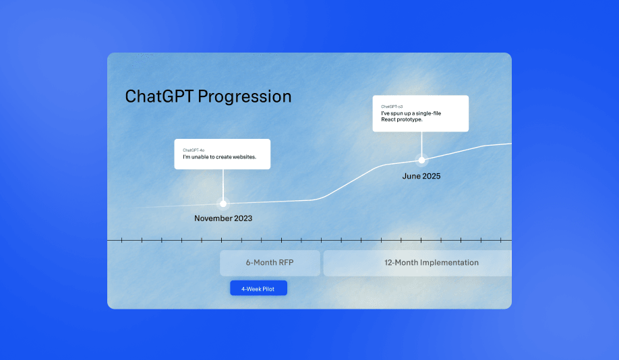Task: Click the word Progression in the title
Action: [244, 97]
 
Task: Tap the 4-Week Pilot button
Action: [258, 288]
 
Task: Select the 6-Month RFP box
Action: [270, 263]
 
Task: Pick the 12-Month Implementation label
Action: [432, 262]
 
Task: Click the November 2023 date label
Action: [223, 218]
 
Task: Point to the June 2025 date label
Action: [421, 176]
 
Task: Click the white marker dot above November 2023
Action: [223, 204]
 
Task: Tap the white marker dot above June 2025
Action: [421, 160]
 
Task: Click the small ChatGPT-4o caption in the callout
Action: [194, 150]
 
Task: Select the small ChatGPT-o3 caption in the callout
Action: [392, 107]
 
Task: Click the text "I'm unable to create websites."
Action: [220, 156]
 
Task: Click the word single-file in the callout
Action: [428, 113]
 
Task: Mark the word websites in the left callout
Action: [244, 156]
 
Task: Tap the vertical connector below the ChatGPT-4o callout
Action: [223, 185]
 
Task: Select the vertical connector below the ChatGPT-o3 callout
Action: [421, 144]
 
